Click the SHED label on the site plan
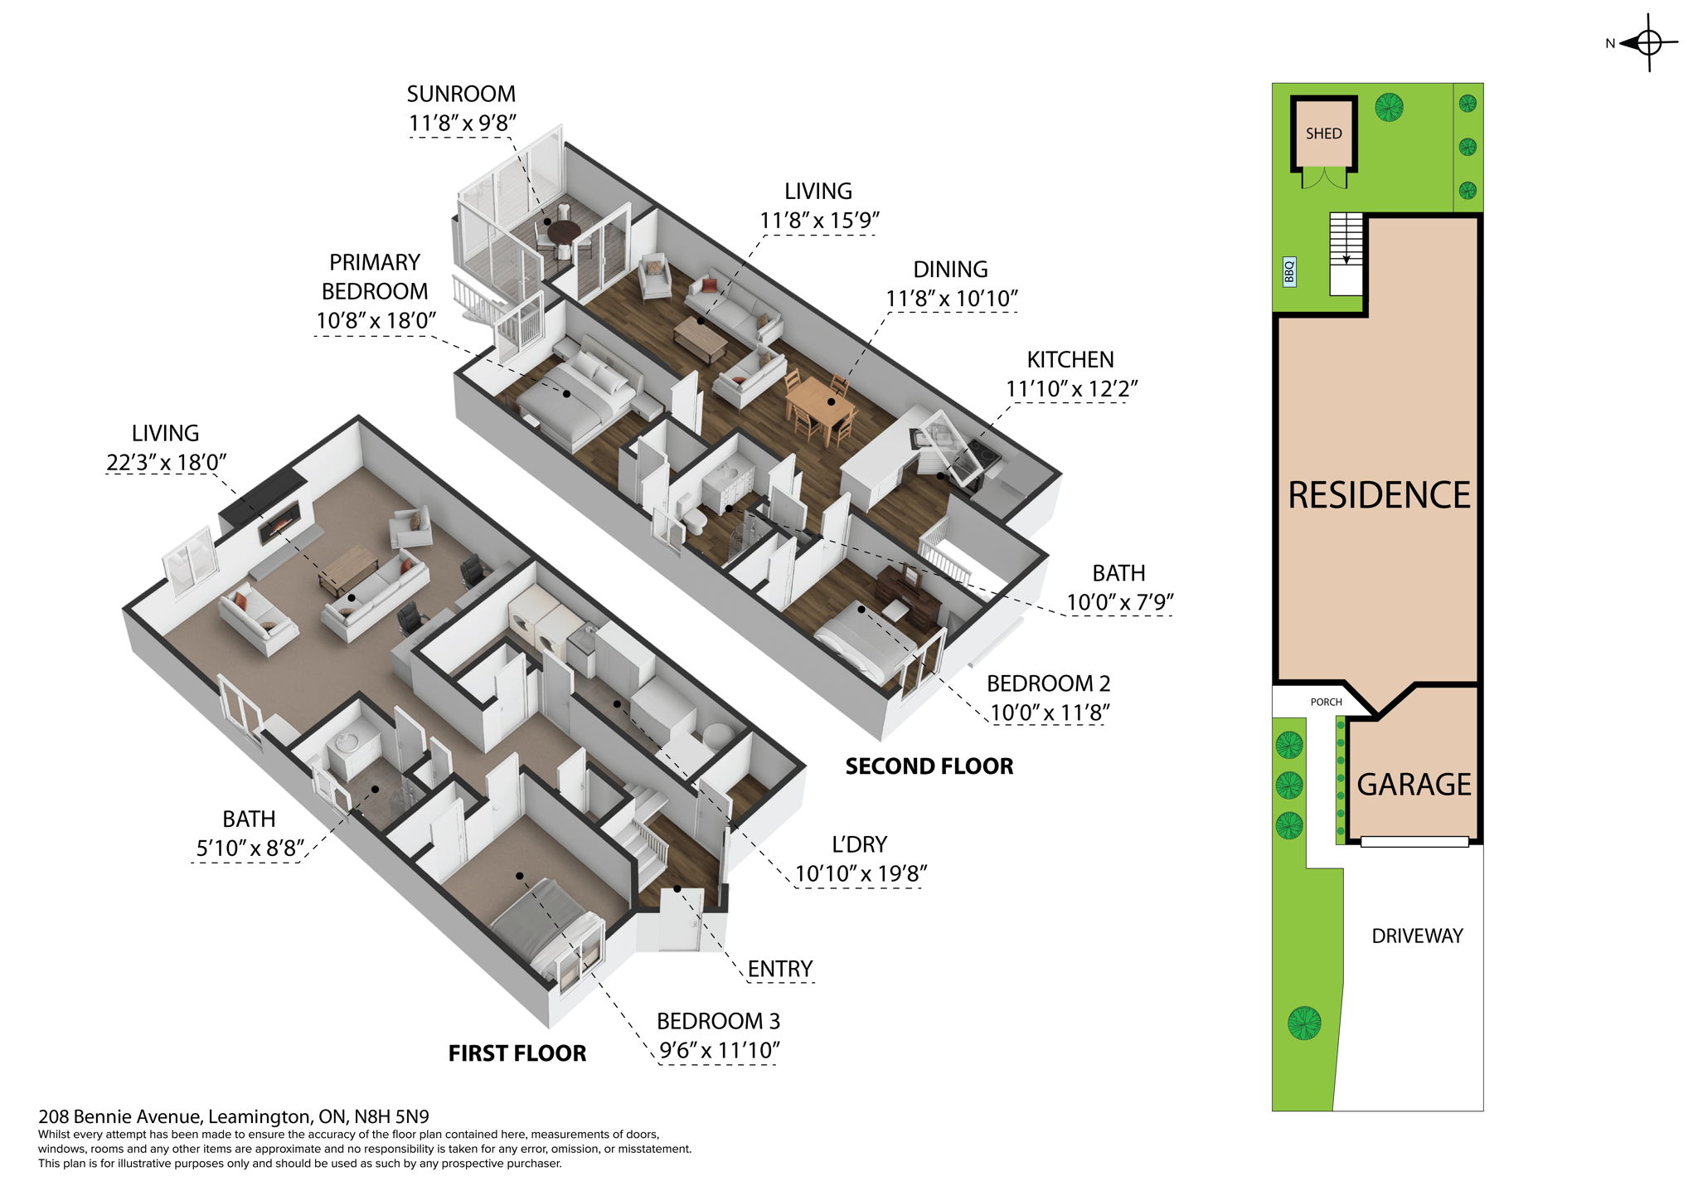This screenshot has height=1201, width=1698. point(1323,134)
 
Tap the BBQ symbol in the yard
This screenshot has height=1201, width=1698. point(1289,271)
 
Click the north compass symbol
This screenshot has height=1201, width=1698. point(1647,42)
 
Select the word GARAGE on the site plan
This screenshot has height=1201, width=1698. point(1414,785)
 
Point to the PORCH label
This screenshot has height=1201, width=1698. point(1326,702)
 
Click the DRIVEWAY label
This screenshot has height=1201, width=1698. point(1417,936)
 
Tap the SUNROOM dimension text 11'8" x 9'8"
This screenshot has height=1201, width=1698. point(462,124)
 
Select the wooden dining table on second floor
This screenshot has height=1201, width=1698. point(819,401)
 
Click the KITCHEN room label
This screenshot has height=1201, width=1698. point(1070,360)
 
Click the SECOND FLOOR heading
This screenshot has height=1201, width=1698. point(929,766)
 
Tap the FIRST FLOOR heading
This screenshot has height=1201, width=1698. point(517,1053)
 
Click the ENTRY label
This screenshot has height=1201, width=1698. point(779,969)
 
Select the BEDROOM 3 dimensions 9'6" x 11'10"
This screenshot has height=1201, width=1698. point(719,1051)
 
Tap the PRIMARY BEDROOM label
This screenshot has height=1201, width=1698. point(375,277)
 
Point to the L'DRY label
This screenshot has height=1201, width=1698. point(859,844)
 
